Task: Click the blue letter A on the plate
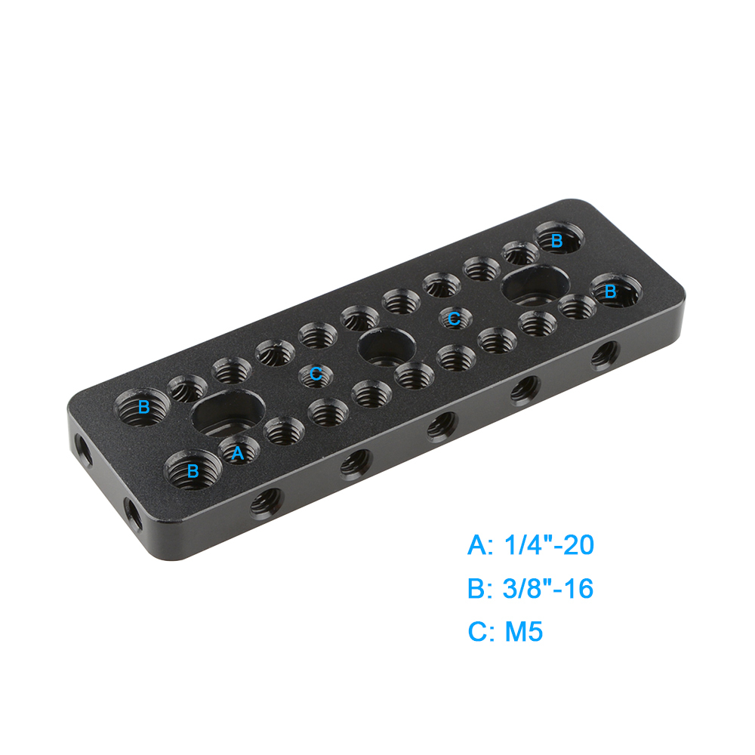click(x=237, y=453)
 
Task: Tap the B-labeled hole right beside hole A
click(x=190, y=470)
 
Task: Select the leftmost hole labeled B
click(x=142, y=408)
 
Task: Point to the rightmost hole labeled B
click(x=616, y=291)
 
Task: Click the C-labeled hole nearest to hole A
click(x=316, y=374)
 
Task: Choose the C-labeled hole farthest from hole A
click(x=455, y=318)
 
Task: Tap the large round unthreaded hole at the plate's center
click(x=387, y=347)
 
